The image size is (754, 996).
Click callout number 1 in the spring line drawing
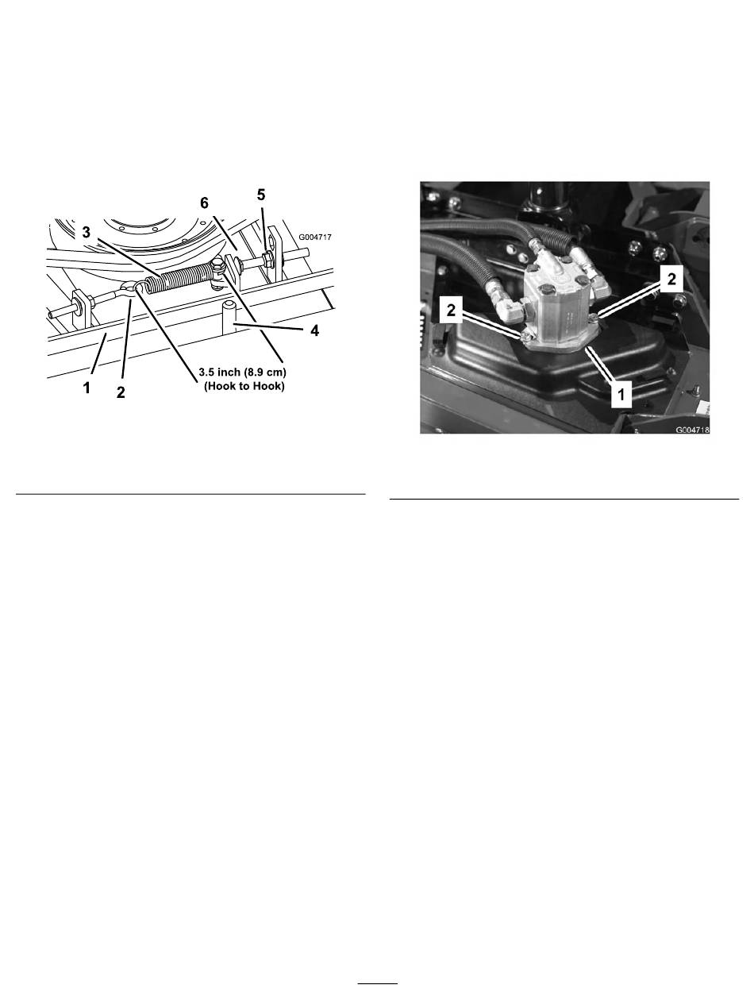[x=87, y=388]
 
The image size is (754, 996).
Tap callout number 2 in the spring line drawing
[x=121, y=392]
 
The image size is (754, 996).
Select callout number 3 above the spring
[x=87, y=233]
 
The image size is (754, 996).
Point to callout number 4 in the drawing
[x=314, y=330]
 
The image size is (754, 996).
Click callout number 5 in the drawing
[x=260, y=195]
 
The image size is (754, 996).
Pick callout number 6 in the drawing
[x=205, y=203]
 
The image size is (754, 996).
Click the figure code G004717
[x=315, y=237]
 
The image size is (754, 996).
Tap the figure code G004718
[x=692, y=429]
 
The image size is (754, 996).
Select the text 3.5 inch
[x=219, y=373]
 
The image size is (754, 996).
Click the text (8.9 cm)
[x=265, y=373]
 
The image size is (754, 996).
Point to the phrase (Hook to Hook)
[x=244, y=387]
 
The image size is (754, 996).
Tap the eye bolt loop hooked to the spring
[x=129, y=289]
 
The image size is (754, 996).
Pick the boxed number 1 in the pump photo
[x=621, y=394]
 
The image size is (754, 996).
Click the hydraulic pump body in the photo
[x=557, y=308]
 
